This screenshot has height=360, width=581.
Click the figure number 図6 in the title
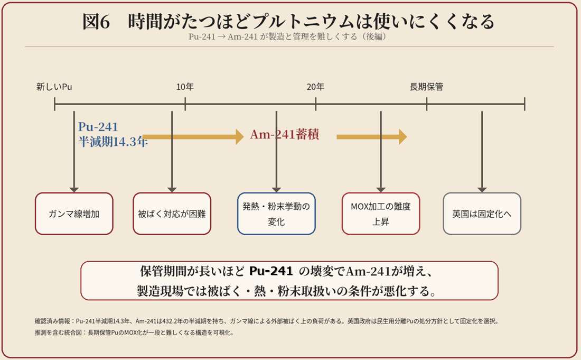96,22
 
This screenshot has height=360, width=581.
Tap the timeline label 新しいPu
54,87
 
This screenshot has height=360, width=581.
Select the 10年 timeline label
185,87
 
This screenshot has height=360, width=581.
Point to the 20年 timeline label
315,87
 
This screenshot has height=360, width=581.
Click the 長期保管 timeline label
426,87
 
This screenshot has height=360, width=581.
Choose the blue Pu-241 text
98,127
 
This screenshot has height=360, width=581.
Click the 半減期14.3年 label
113,141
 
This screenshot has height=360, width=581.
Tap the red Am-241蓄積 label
285,134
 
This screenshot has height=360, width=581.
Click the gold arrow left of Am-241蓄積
193,137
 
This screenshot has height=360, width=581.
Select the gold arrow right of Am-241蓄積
372,137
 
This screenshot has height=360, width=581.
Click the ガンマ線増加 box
74,214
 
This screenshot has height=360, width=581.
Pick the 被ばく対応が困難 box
172,214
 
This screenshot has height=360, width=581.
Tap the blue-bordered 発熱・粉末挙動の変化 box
276,214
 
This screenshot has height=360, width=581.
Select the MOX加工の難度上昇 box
381,214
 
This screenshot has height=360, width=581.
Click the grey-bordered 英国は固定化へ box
482,214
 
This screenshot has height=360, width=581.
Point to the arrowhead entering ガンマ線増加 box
74,190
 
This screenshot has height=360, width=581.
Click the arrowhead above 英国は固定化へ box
482,190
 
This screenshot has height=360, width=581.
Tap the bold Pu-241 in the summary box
271,271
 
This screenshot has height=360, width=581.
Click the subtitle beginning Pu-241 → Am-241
287,36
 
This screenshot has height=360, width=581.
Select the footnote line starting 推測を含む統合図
134,333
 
